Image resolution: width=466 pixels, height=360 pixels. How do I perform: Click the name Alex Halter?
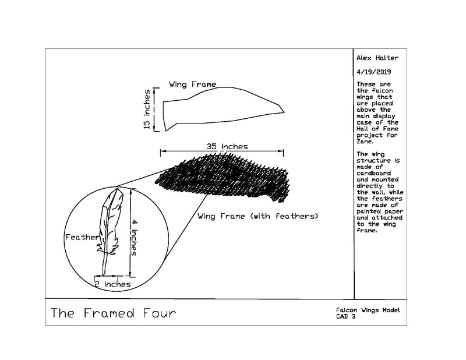tap(377, 58)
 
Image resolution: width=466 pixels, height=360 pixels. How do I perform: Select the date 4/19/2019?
tap(374, 72)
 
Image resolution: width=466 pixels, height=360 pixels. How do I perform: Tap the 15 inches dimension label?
tap(147, 110)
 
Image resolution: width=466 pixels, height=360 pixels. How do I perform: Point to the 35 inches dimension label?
tap(227, 147)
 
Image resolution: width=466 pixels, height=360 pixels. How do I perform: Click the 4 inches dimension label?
tap(134, 238)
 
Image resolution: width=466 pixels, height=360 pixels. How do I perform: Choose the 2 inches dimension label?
tap(112, 284)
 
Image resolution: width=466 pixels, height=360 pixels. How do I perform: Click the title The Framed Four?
tap(113, 313)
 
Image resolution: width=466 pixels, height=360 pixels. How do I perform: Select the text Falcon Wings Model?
tap(368, 310)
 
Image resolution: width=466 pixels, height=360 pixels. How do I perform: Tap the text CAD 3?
tap(345, 316)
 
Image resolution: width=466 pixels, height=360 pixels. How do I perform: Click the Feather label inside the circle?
tap(82, 237)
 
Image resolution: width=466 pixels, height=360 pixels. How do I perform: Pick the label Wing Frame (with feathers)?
tap(258, 216)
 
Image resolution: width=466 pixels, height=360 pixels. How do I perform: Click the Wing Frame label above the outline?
tap(193, 84)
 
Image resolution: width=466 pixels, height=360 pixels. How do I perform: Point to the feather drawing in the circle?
tap(109, 232)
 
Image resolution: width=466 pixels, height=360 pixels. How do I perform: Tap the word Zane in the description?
tap(364, 142)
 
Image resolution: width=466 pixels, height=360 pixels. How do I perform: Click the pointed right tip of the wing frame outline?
tap(284, 112)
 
